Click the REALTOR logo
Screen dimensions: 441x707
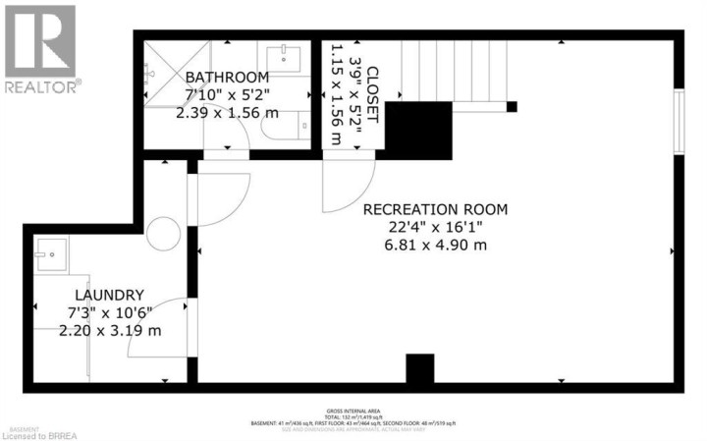(x=40, y=48)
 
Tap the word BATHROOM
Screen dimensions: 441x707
(x=227, y=78)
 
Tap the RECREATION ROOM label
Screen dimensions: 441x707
(x=435, y=209)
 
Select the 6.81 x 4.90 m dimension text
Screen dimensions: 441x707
(x=435, y=245)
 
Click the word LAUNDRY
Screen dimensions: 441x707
(x=110, y=295)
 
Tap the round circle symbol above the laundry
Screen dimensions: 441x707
(x=163, y=234)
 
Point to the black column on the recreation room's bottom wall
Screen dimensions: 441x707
(x=419, y=369)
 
